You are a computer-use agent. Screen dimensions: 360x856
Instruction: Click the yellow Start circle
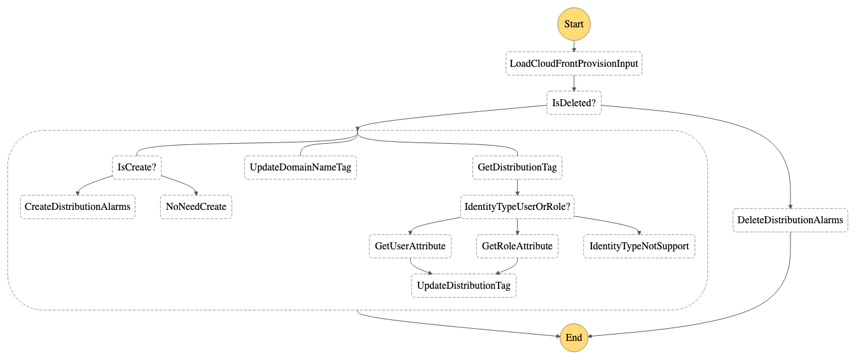[x=574, y=24]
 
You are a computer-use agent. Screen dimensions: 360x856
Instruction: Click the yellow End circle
[x=574, y=338]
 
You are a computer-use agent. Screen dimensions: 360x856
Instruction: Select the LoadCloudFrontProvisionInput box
[x=574, y=64]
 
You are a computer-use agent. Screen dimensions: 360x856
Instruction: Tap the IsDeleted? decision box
[x=574, y=103]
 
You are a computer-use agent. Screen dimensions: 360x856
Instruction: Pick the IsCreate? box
[x=137, y=168]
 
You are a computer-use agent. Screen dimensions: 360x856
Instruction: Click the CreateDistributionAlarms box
[x=78, y=207]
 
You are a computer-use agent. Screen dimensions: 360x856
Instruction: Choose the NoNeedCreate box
[x=196, y=207]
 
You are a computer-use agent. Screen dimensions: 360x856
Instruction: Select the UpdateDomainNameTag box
[x=300, y=168]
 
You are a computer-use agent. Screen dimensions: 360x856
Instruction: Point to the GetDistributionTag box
[x=517, y=168]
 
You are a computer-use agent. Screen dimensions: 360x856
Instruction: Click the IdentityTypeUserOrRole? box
[x=517, y=207]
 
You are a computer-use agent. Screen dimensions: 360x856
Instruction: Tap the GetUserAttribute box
[x=410, y=246]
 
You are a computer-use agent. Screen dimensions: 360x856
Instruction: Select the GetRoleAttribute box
[x=517, y=246]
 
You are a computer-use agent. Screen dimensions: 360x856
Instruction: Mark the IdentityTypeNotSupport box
[x=639, y=246]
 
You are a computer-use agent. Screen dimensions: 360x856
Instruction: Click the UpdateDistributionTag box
[x=464, y=286]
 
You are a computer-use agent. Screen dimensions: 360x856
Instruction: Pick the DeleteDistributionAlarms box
[x=790, y=220]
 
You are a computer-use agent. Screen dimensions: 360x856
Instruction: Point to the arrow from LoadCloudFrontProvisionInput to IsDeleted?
[x=574, y=83]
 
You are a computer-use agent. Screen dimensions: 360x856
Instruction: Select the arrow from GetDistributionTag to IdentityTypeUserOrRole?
[x=517, y=187]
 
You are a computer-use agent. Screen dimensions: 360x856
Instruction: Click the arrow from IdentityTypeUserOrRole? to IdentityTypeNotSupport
[x=611, y=223]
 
